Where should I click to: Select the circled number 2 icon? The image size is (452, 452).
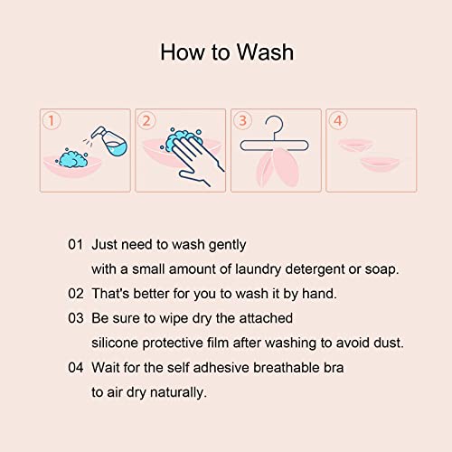[x=146, y=120]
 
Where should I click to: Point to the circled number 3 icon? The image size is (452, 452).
[x=241, y=120]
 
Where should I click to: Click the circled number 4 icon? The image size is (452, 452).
[x=338, y=120]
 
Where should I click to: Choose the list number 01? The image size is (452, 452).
[x=76, y=245]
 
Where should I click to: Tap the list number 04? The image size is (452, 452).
[x=76, y=368]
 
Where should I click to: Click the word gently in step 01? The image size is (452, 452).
[x=225, y=245]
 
